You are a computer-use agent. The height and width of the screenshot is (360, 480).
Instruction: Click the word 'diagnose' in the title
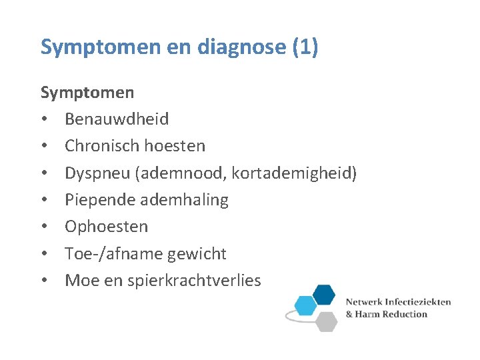223,47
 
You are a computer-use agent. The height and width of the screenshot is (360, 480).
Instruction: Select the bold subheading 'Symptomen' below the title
87,92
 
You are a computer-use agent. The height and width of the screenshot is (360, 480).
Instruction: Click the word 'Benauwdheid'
117,119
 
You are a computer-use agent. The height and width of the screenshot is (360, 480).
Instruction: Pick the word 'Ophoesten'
106,227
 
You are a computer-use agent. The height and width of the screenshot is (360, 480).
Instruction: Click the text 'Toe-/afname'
105,254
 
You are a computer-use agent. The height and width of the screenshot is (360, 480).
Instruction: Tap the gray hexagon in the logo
326,321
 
